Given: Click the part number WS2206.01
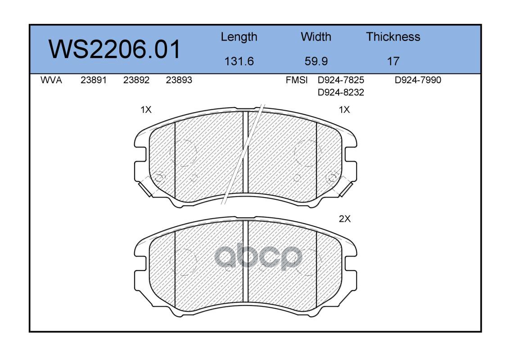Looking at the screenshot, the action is (114, 49).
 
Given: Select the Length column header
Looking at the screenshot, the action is (239, 37).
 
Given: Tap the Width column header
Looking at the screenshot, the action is (316, 37).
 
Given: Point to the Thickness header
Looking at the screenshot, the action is (393, 37).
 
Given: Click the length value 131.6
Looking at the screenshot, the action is (239, 61).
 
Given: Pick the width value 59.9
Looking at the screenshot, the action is (316, 61).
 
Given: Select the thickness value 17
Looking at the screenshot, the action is (393, 61).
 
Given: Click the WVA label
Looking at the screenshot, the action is (51, 80).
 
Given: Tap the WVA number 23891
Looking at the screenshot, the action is (94, 80).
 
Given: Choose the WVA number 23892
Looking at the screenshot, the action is (136, 80).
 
